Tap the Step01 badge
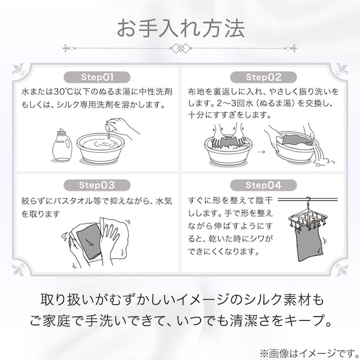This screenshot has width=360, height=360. tap(97, 77)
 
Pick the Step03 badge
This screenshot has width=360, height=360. tap(97, 186)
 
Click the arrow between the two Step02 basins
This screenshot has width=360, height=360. tap(260, 152)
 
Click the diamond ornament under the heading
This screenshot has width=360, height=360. tap(180, 48)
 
